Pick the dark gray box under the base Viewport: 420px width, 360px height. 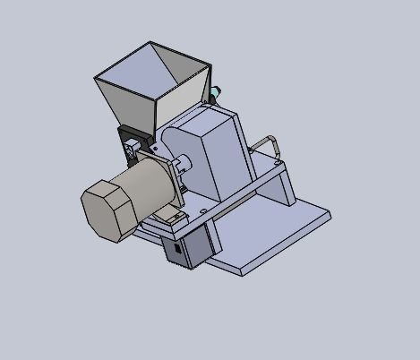click(x=188, y=246)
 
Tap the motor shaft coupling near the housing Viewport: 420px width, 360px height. click(x=183, y=166)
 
